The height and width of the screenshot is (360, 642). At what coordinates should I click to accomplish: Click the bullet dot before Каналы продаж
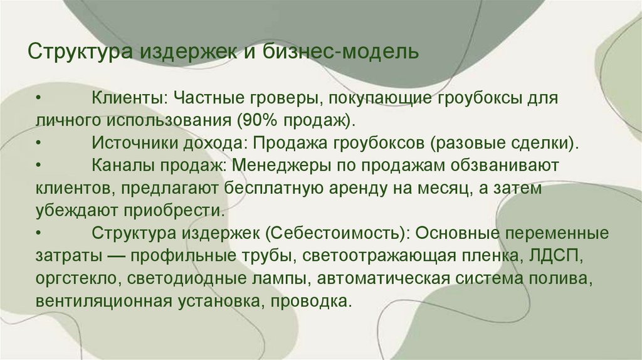39,165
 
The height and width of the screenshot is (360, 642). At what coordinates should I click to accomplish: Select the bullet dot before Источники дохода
39,142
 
